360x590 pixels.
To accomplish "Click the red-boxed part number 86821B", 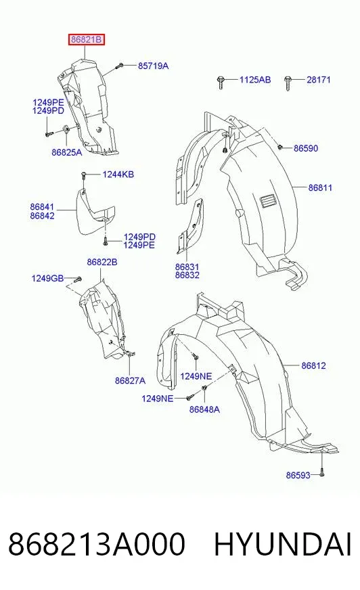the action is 86,39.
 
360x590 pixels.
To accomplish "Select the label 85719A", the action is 153,66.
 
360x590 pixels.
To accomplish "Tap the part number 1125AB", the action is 255,79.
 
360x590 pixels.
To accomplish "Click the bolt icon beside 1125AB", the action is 221,82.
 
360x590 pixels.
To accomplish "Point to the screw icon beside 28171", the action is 288,83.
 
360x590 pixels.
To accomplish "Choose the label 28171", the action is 319,79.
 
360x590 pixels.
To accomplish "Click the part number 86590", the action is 306,148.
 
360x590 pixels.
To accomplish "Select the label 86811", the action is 320,187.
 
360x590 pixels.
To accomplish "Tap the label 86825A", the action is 66,152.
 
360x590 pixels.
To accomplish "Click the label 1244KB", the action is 118,174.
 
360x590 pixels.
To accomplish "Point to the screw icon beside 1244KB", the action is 83,177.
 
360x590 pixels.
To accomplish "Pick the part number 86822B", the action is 102,262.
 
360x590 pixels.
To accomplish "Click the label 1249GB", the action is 47,278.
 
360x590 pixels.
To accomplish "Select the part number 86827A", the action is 130,380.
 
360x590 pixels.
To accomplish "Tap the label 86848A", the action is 204,409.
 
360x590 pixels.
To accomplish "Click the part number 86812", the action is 314,365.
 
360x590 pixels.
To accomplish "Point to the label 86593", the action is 298,475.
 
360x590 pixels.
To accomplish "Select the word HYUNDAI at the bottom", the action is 283,544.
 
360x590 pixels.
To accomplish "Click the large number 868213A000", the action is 97,544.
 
